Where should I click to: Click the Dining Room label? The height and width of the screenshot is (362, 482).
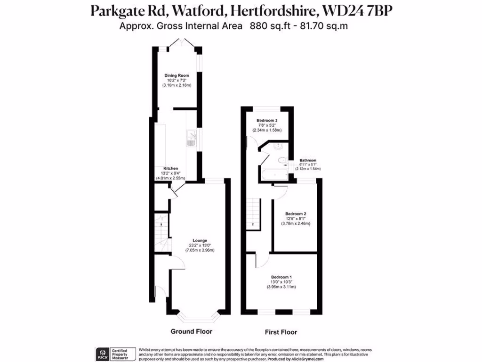[x=177, y=75]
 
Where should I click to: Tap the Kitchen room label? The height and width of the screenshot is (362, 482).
[x=170, y=168]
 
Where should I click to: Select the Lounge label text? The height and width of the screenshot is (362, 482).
[x=200, y=240]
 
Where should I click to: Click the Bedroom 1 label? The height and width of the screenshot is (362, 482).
[x=281, y=277]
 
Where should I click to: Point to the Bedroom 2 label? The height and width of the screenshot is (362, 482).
[x=296, y=213]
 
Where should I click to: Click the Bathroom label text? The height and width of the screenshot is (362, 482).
[x=308, y=160]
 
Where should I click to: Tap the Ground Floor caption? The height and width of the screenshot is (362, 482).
[x=191, y=331]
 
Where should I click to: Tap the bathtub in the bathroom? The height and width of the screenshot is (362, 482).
[x=274, y=175]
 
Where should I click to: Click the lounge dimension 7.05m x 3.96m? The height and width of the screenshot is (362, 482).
[x=200, y=250]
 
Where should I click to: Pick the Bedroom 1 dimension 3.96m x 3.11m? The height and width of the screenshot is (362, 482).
[x=281, y=287]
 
